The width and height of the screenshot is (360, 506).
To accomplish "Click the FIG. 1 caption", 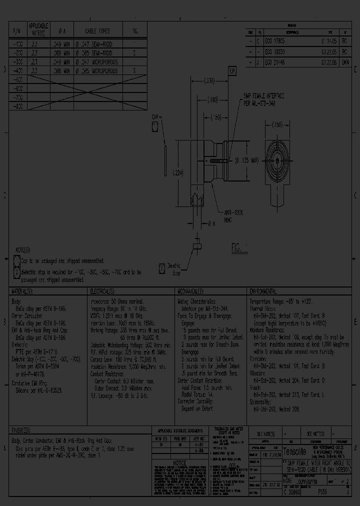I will click(x=239, y=247).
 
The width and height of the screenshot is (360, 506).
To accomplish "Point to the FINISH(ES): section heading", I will click(x=24, y=430).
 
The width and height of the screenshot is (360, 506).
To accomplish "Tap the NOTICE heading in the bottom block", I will click(x=185, y=464).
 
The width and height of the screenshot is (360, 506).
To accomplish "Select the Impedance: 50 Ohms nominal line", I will click(x=116, y=301).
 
